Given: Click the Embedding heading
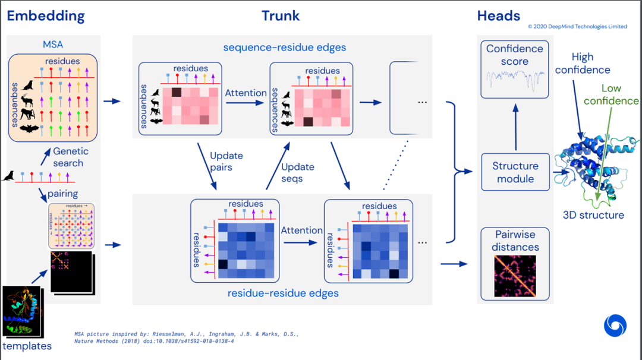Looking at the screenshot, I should (x=46, y=15).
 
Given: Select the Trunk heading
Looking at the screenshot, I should (x=281, y=15).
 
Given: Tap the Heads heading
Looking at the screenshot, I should (x=499, y=15).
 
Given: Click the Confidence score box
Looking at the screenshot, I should (x=515, y=69).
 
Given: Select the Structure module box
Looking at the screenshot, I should (x=515, y=172).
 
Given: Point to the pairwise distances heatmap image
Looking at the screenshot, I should (x=515, y=276).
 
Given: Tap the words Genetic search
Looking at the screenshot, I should (x=68, y=157).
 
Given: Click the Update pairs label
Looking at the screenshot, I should (x=226, y=162).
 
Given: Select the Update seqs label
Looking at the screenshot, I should (x=297, y=173).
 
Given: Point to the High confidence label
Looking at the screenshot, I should (x=583, y=63).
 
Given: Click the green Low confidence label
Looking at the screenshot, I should (x=611, y=94).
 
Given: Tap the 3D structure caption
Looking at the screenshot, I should (x=593, y=215).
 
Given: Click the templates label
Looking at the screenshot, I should (x=27, y=346).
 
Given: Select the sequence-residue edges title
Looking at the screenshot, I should (x=284, y=47).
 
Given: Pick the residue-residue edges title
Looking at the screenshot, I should (x=283, y=293).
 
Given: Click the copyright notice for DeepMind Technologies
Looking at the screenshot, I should (x=577, y=27).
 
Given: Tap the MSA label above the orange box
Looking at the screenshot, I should (x=53, y=45).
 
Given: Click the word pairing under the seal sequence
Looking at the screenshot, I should (x=63, y=194).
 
